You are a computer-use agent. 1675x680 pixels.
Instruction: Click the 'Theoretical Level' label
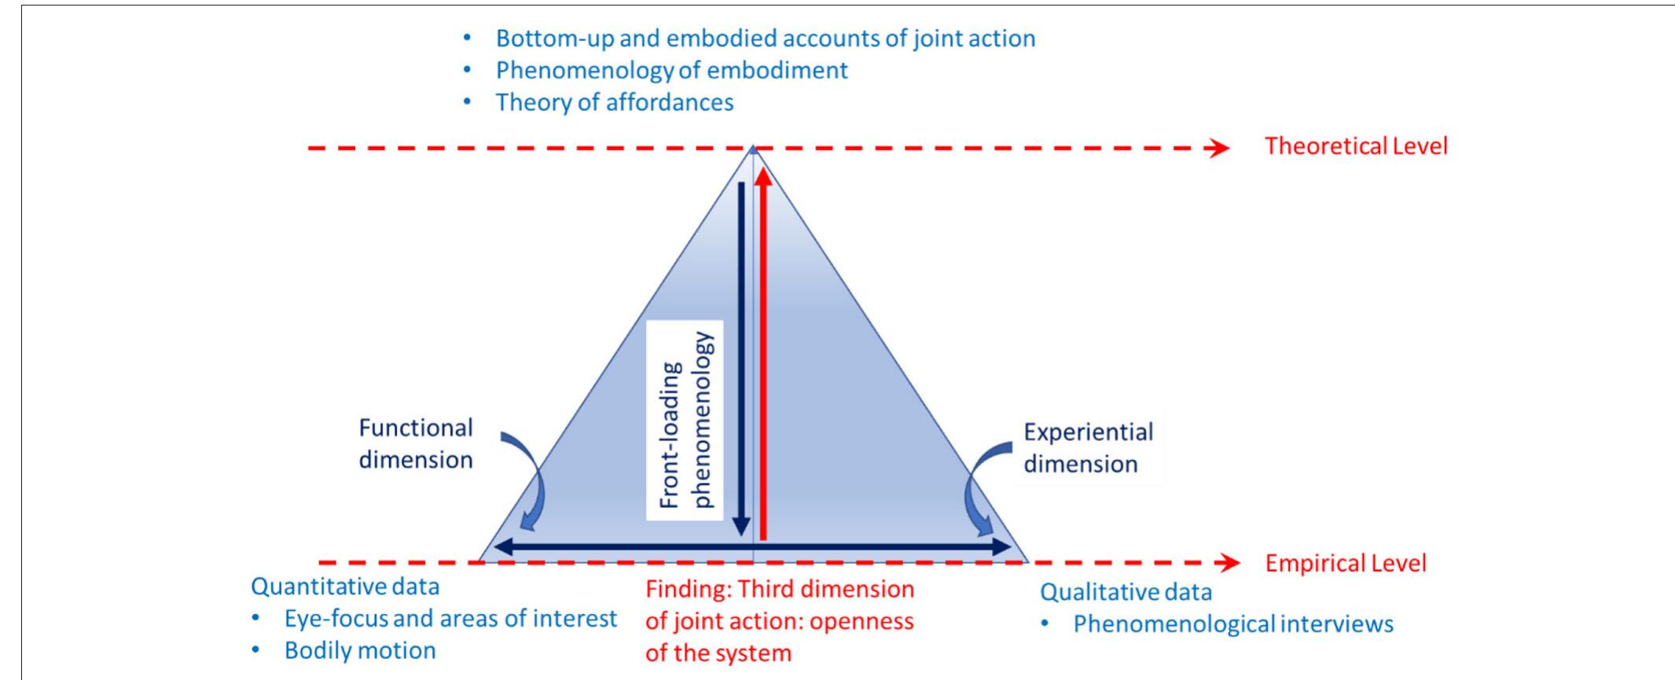tap(1355, 147)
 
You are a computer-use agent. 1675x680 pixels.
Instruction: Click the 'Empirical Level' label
tap(1345, 564)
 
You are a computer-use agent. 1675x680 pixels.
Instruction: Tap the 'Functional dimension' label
tap(416, 443)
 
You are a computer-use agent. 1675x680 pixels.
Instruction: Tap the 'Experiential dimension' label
tap(1088, 447)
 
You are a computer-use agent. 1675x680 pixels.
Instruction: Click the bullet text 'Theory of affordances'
tap(614, 102)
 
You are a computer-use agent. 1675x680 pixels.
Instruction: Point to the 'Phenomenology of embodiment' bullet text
tap(671, 70)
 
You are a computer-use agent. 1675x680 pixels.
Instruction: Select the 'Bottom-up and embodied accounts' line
tap(765, 39)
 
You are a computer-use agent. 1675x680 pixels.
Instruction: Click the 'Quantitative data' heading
tap(344, 586)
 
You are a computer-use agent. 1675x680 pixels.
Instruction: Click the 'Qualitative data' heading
tap(1126, 592)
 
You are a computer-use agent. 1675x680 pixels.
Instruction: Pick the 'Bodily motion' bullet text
tap(359, 651)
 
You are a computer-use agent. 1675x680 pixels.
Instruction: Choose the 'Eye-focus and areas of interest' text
tap(450, 619)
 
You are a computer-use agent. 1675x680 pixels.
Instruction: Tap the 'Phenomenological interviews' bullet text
tap(1232, 624)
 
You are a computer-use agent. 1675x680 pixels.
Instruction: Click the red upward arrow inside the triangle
tap(762, 354)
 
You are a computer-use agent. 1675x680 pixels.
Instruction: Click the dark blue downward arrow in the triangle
tap(740, 354)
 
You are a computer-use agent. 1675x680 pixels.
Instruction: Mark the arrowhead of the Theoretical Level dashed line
tap(1219, 148)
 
